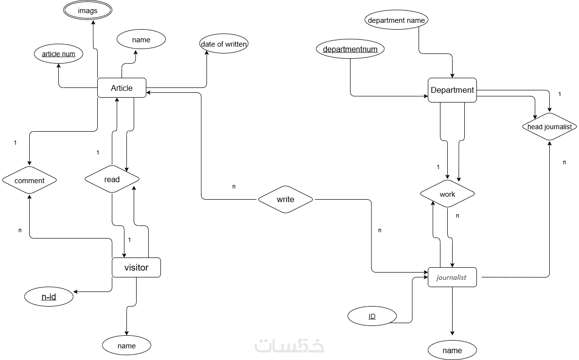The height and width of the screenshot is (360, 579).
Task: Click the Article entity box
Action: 122,88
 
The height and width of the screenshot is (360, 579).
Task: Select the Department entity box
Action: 452,90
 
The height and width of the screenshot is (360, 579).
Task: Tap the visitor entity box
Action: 136,267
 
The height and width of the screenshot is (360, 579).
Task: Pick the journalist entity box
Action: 452,277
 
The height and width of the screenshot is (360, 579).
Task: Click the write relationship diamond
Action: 285,199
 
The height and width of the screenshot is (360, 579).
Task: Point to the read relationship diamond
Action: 112,179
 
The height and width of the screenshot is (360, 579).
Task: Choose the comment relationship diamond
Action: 29,181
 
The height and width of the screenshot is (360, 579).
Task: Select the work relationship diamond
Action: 447,194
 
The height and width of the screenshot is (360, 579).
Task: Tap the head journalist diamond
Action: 549,127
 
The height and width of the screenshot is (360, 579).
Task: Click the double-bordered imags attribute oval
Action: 88,11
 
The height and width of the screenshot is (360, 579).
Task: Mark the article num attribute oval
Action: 58,54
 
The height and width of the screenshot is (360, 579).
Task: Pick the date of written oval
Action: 224,44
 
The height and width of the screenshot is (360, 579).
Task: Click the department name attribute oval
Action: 396,20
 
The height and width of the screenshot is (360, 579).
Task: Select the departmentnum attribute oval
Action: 350,49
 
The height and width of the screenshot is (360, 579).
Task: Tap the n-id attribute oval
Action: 49,296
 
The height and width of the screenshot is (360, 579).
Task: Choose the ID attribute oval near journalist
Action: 372,316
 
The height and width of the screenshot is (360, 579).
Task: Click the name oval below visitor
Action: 126,345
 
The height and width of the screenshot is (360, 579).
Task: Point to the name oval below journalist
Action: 452,350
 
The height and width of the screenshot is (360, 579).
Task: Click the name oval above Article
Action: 141,39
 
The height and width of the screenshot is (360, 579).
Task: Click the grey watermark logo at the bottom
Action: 289,345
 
